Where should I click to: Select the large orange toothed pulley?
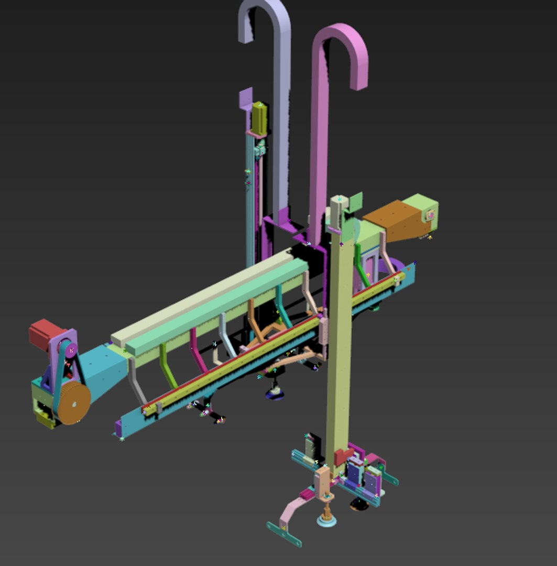pyautogui.click(x=73, y=402)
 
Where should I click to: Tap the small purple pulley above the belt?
pyautogui.click(x=71, y=349)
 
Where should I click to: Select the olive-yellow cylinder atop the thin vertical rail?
pyautogui.click(x=259, y=117)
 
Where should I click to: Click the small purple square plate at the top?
pyautogui.click(x=246, y=99)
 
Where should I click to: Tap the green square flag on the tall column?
pyautogui.click(x=355, y=202)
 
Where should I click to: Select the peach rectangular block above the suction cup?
pyautogui.click(x=322, y=480)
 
